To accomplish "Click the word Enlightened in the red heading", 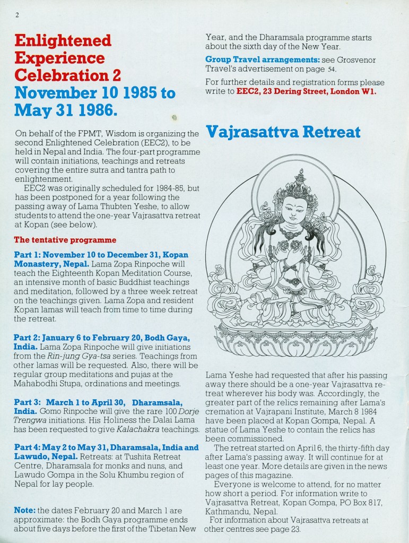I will (63, 40).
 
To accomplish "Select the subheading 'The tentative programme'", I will (65, 240).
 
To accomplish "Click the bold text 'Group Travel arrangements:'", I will (262, 59).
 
